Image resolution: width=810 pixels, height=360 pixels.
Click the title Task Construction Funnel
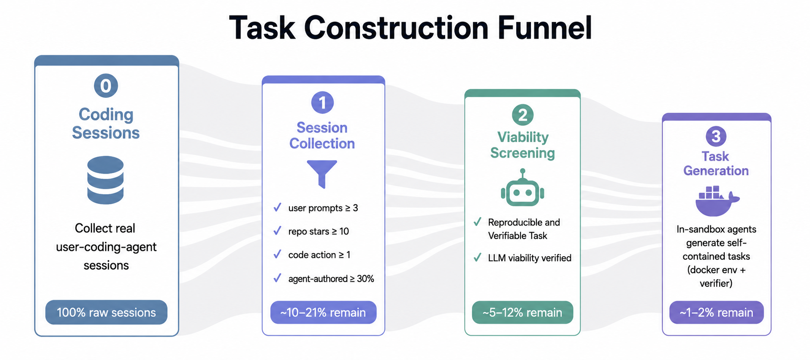(410, 28)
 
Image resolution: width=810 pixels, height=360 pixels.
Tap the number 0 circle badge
(106, 86)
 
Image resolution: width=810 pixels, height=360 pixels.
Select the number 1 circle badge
(323, 102)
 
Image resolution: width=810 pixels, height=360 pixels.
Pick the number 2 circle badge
(523, 115)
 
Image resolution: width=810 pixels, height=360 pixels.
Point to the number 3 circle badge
(716, 137)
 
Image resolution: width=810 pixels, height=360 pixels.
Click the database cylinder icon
(106, 180)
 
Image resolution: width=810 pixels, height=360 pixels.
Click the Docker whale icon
(717, 201)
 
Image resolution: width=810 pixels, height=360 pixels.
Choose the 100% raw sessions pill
(106, 312)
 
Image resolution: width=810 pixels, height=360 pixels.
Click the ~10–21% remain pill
(323, 312)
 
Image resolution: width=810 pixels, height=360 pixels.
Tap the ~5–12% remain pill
(522, 312)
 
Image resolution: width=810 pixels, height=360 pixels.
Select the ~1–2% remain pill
(717, 312)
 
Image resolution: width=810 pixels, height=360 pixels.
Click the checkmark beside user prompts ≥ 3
(277, 208)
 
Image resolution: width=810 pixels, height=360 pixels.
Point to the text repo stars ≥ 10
(319, 231)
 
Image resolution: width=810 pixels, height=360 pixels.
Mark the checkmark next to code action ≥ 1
(277, 254)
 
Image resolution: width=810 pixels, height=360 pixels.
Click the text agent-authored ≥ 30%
(331, 279)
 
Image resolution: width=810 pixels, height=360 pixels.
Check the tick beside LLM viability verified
(477, 258)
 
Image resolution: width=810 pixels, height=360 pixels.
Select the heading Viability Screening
(523, 145)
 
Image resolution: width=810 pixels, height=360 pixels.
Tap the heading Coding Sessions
(106, 124)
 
